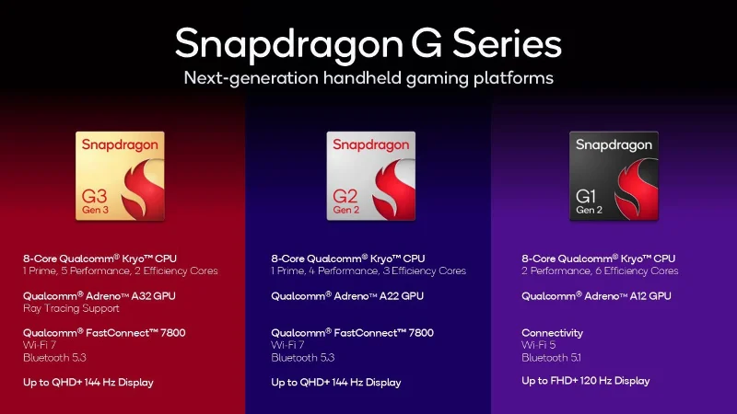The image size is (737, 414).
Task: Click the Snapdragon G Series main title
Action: [368, 43]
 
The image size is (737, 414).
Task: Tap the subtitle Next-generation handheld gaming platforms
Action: [368, 78]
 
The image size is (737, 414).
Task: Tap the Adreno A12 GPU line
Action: [596, 295]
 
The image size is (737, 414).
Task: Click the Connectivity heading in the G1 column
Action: [552, 332]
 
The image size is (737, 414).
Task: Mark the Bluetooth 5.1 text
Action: [551, 357]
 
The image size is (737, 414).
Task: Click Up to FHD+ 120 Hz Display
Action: [585, 380]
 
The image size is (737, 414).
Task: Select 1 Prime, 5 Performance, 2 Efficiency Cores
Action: [121, 270]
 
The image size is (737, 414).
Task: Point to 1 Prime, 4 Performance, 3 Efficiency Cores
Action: [368, 270]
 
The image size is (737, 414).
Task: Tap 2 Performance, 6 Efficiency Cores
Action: [600, 270]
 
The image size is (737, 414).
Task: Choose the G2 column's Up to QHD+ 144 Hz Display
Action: [336, 382]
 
